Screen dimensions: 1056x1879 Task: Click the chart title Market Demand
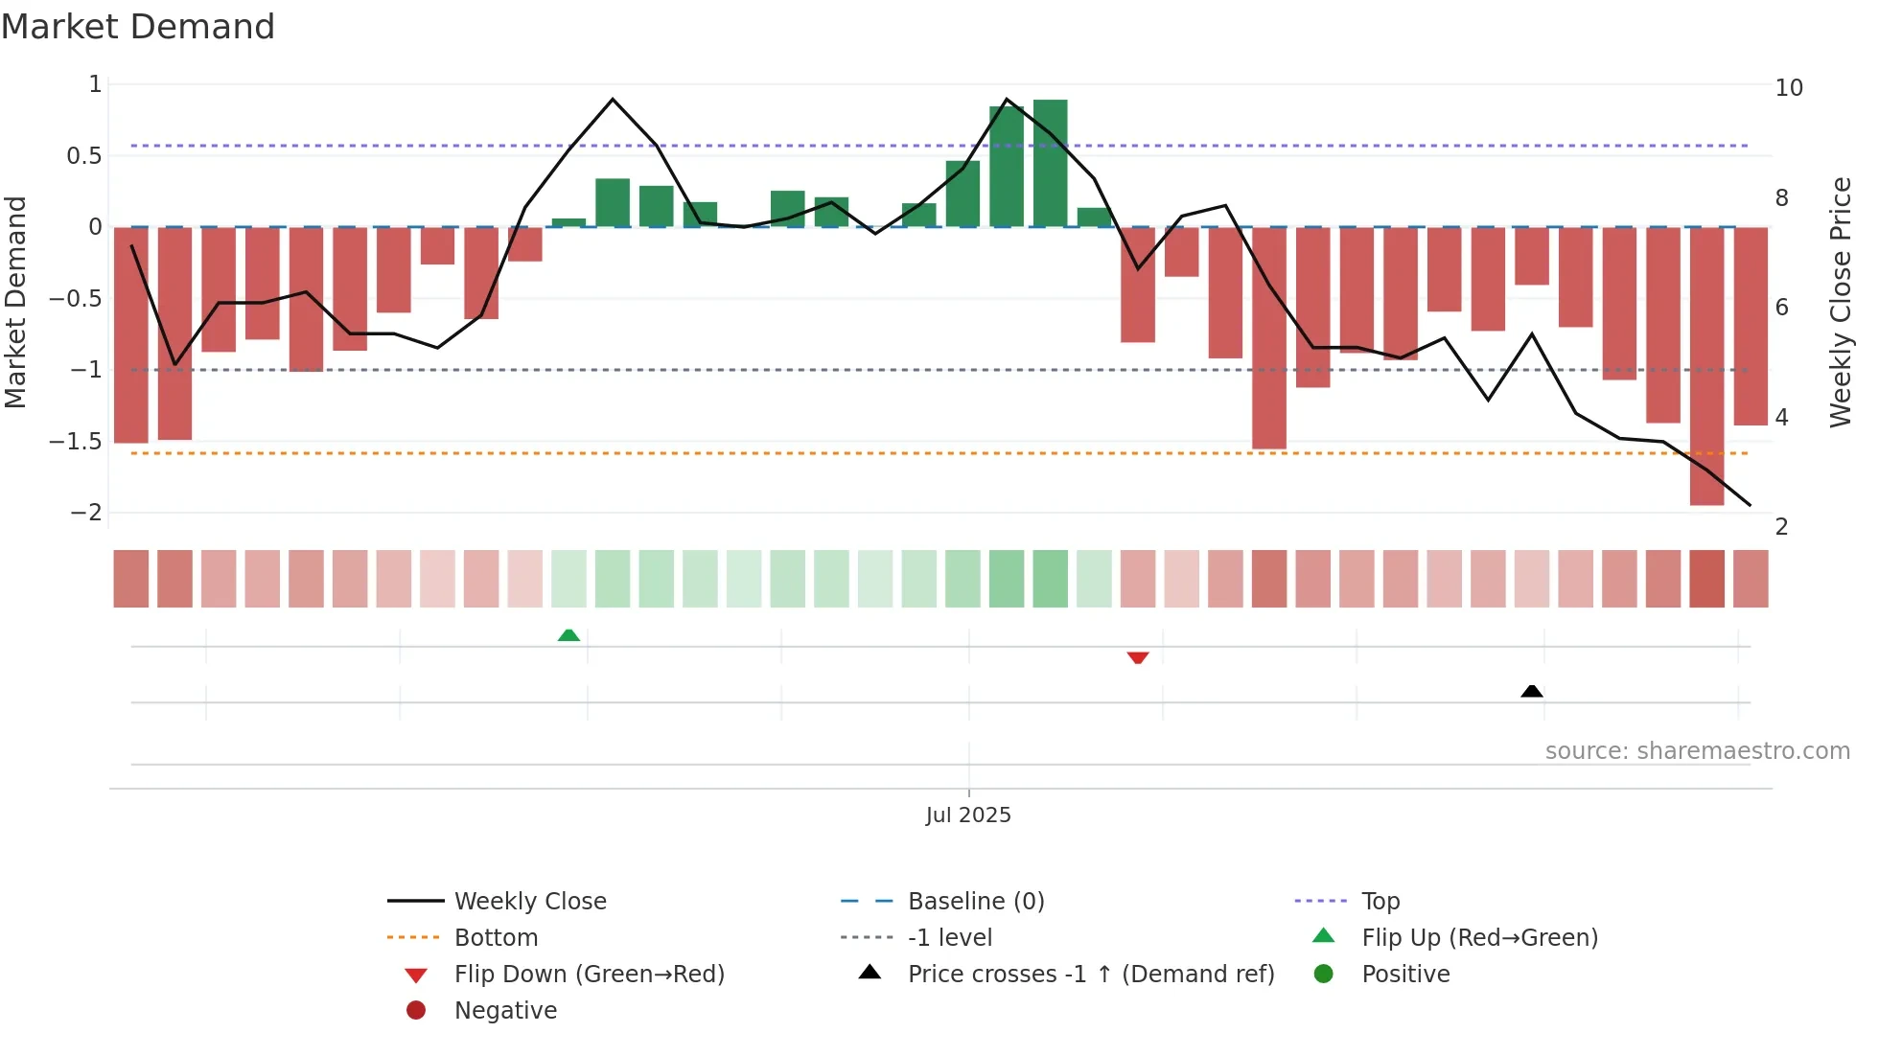click(138, 27)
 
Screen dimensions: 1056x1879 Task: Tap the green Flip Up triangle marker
click(568, 634)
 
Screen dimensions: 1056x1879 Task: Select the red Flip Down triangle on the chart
click(1138, 657)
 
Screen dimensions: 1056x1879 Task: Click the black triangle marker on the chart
click(1532, 691)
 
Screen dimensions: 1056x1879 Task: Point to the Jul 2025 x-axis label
click(968, 815)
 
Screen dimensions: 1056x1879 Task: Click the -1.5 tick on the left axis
click(76, 442)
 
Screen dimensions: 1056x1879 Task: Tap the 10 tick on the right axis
click(1789, 88)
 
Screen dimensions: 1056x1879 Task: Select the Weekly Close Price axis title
click(1841, 302)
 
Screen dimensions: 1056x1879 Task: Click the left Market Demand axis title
click(15, 302)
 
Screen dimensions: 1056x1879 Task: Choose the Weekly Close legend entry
click(530, 902)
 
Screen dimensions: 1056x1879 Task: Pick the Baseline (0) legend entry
click(976, 902)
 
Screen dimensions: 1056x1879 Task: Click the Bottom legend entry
click(496, 938)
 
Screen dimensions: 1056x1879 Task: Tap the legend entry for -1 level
click(950, 938)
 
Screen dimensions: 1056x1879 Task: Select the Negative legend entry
click(505, 1011)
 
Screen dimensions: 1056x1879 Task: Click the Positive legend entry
click(1405, 975)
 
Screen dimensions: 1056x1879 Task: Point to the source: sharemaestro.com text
click(1697, 751)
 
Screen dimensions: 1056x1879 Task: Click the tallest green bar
click(1051, 163)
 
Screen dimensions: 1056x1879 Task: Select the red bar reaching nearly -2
click(1706, 364)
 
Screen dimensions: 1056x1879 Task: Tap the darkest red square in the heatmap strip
click(1706, 579)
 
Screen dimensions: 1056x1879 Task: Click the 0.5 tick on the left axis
click(84, 156)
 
